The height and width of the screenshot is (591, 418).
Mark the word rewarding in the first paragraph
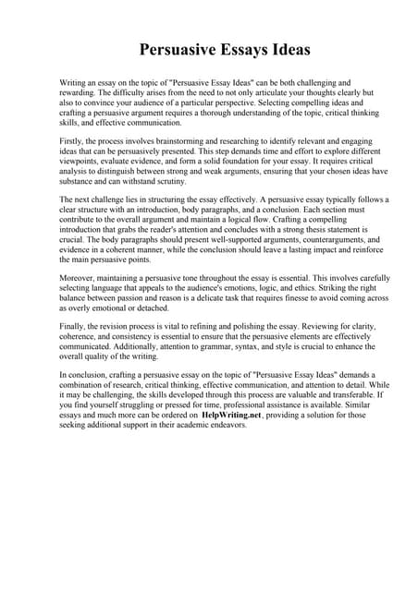pos(78,92)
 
